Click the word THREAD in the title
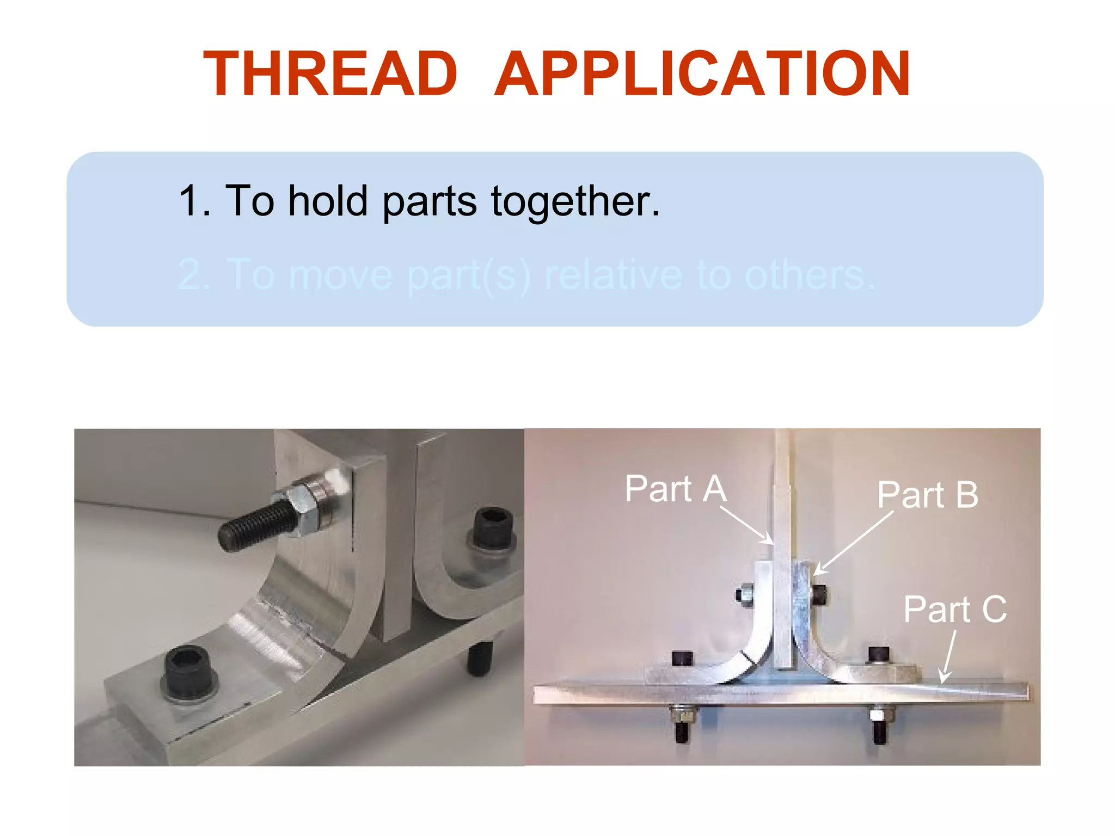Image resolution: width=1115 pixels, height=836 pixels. pyautogui.click(x=330, y=74)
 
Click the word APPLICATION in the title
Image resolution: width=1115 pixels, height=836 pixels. pyautogui.click(x=702, y=74)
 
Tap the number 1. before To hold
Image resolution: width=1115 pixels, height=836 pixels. pyautogui.click(x=194, y=201)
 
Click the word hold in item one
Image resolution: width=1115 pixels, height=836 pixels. pyautogui.click(x=328, y=201)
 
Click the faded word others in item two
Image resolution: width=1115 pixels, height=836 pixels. pyautogui.click(x=809, y=275)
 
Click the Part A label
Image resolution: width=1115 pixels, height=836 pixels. pyautogui.click(x=676, y=489)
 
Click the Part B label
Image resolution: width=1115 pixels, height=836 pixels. pyautogui.click(x=928, y=495)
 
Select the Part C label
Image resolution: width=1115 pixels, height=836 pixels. pyautogui.click(x=955, y=609)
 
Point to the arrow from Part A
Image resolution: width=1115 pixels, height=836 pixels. pyautogui.click(x=746, y=525)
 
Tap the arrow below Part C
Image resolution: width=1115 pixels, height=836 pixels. pyautogui.click(x=947, y=656)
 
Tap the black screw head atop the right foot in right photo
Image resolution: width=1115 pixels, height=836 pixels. pyautogui.click(x=878, y=655)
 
